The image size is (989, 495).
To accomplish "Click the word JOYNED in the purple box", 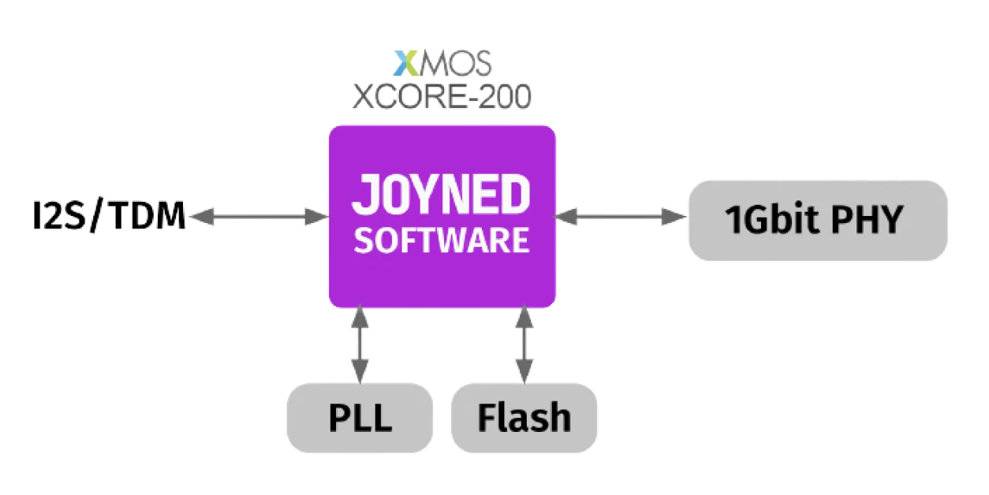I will (x=441, y=195).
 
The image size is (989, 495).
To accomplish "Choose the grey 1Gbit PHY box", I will (x=818, y=220).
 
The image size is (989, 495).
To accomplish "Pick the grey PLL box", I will (x=360, y=417).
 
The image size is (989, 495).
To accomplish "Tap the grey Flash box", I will (x=524, y=417).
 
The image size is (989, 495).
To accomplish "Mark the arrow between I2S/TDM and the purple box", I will (x=259, y=215).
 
